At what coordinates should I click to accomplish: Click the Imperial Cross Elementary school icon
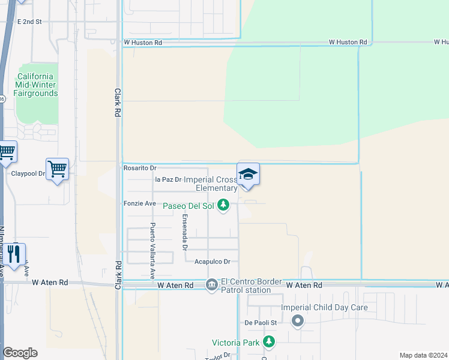pos(249,175)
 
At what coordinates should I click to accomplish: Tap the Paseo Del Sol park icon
pos(223,206)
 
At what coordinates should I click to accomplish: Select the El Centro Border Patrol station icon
pos(211,285)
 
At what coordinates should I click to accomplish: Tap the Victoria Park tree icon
pos(269,342)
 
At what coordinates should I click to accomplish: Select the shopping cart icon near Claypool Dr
pos(57,170)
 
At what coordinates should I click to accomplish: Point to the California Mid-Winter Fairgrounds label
pos(37,85)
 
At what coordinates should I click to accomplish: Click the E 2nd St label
pos(29,22)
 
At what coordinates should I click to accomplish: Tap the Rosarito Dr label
pos(140,169)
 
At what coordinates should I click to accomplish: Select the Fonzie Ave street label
pos(140,204)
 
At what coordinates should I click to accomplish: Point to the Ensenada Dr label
pos(185,232)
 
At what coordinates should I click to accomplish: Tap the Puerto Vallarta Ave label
pos(152,251)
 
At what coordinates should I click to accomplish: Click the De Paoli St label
pos(260,323)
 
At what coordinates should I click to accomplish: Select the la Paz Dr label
pos(168,179)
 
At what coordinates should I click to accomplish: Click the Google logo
pos(20,353)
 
